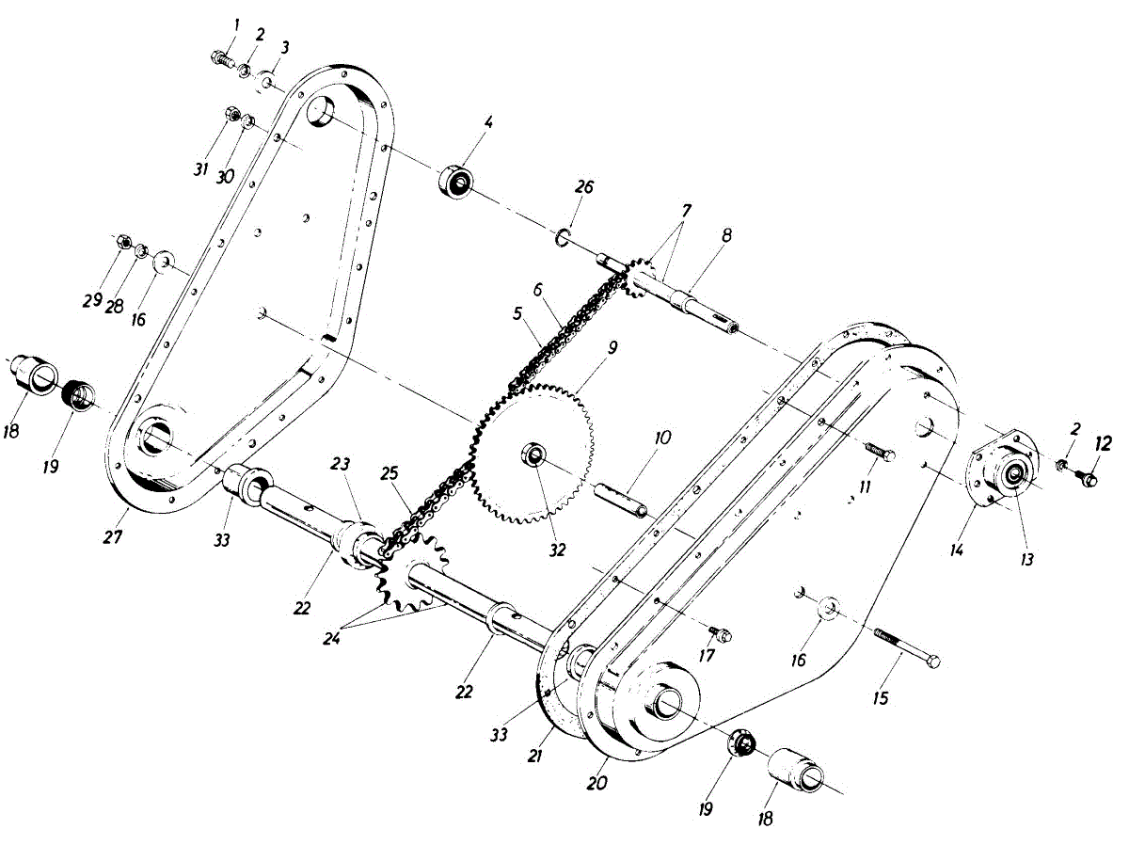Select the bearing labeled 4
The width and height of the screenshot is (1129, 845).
click(x=456, y=180)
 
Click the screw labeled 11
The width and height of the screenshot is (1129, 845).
click(x=879, y=454)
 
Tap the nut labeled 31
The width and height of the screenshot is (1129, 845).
click(x=230, y=115)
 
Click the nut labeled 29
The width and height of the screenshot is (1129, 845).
click(x=121, y=243)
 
